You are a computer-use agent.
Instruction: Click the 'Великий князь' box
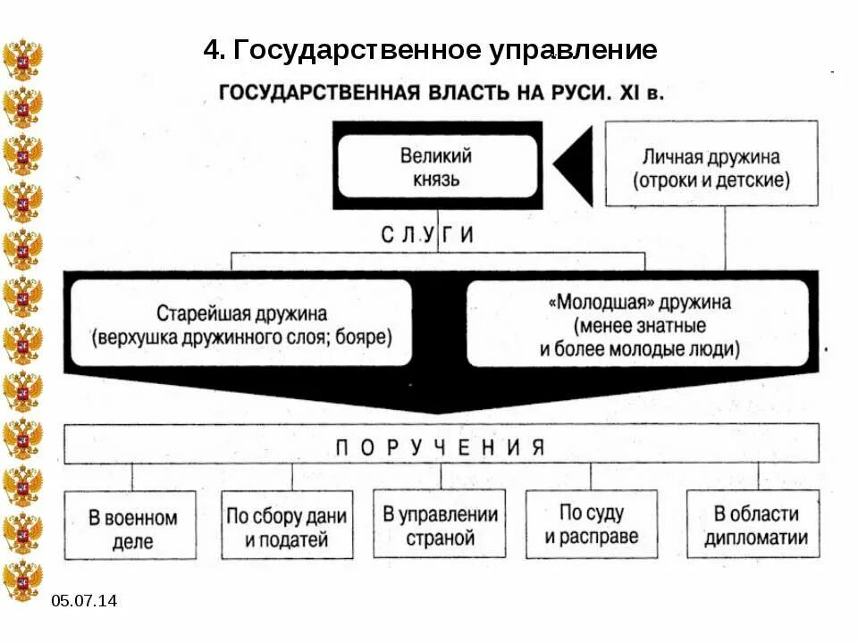tap(437, 166)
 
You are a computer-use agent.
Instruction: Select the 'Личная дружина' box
tap(711, 168)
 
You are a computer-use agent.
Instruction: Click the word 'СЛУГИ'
tap(427, 235)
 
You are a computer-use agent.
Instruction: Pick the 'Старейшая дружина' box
tap(241, 325)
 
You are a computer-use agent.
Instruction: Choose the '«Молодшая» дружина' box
tap(639, 325)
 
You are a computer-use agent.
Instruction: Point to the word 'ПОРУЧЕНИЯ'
tap(440, 447)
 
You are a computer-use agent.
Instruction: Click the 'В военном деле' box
tap(131, 527)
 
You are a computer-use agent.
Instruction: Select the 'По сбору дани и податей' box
tap(286, 527)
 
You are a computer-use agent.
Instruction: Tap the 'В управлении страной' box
tap(440, 525)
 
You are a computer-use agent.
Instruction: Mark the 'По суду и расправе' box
tap(592, 524)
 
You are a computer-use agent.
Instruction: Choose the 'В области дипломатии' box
tap(755, 525)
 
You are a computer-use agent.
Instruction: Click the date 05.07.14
tap(84, 601)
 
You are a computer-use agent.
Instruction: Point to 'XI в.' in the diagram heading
tap(642, 92)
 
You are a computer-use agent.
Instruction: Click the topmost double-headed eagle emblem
tap(22, 60)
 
